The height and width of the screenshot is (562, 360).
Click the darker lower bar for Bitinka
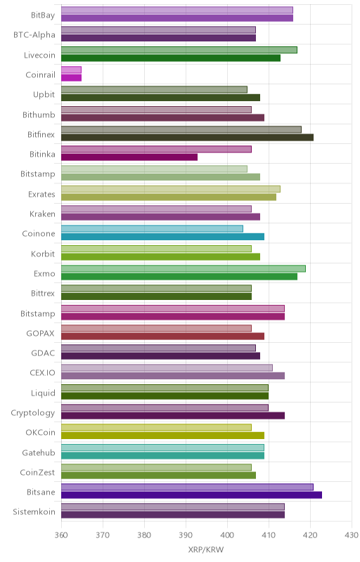[129, 157]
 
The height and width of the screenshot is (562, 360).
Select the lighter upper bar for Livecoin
[179, 50]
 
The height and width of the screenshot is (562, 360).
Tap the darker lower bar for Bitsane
[191, 495]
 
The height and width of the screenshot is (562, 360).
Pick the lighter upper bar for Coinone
[152, 229]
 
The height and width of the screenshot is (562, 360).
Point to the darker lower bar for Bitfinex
[187, 137]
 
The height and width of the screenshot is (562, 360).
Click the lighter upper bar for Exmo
[184, 268]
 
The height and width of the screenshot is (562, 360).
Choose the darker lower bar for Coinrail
[71, 78]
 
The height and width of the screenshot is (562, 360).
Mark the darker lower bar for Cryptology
[173, 415]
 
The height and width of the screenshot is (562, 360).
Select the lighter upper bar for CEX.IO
[167, 367]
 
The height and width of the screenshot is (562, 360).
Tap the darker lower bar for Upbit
[160, 98]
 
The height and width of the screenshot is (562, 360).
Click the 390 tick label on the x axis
[186, 535]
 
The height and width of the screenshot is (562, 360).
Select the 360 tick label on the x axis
[61, 535]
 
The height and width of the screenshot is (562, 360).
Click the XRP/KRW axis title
[206, 549]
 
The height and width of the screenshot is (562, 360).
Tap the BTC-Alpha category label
[34, 34]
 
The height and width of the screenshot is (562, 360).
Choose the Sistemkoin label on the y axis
[34, 511]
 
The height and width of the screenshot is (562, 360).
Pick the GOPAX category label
[41, 333]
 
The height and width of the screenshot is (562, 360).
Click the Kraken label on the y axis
[43, 214]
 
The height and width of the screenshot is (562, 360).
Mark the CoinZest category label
[37, 472]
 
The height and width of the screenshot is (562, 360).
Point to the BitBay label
[43, 15]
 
